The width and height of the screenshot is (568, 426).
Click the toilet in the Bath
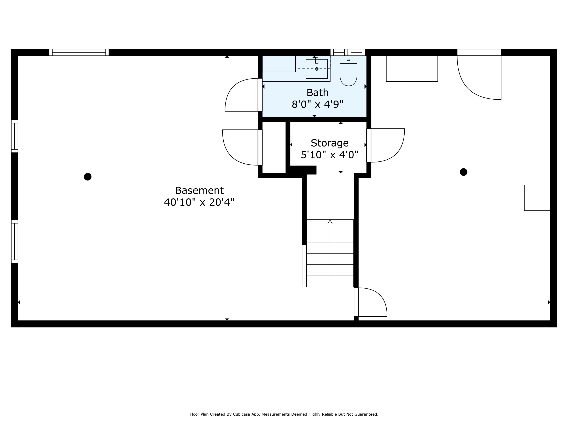coord(348,71)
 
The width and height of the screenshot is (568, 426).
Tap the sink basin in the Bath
coord(317,69)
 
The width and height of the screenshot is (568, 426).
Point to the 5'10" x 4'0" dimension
coord(329,155)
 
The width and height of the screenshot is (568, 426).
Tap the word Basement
coord(199,190)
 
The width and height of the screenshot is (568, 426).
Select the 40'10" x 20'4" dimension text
coord(199,202)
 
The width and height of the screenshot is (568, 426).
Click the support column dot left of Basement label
coord(87,177)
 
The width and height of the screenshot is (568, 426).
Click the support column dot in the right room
coord(463,172)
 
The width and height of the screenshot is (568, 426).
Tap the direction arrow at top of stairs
coord(330,222)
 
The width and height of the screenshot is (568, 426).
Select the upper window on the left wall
coord(14,136)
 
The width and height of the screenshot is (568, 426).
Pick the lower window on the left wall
coord(14,242)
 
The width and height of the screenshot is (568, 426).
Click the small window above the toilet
coord(348,52)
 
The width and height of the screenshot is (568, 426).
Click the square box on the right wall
coord(537,198)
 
